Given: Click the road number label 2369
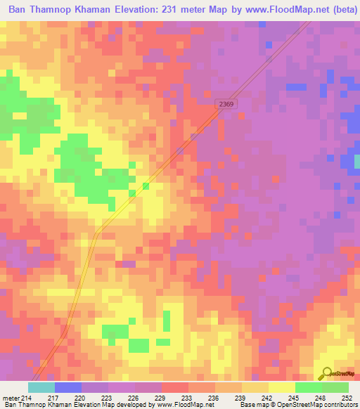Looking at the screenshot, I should (226, 103).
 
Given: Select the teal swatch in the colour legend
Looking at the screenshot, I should (41, 387).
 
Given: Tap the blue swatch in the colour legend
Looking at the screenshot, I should (68, 387).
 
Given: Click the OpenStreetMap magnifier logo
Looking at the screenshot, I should (326, 374).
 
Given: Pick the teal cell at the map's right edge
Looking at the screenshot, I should (356, 161).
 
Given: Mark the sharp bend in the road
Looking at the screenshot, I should (96, 233).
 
